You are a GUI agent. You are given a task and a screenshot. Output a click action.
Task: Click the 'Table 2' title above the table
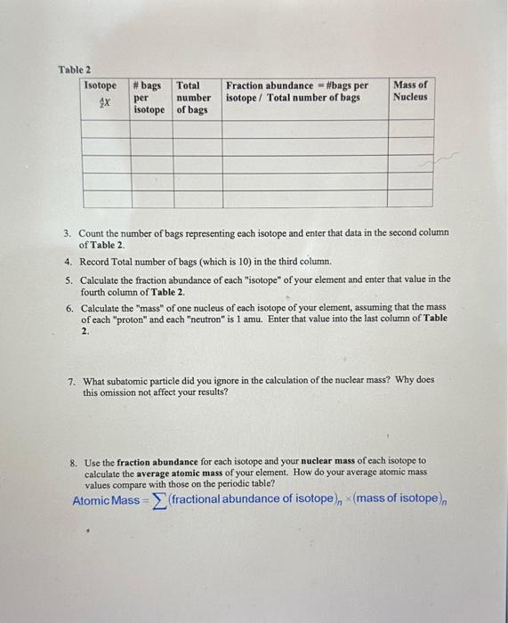(75, 69)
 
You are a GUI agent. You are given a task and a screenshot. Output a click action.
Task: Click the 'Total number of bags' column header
(193, 97)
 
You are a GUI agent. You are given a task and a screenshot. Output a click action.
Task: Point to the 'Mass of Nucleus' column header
(409, 91)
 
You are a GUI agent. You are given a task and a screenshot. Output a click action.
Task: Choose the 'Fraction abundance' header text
(270, 85)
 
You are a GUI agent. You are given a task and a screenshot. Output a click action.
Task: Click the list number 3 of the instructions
(68, 233)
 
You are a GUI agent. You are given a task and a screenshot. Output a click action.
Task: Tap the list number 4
(68, 263)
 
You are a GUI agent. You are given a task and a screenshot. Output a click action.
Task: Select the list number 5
(68, 279)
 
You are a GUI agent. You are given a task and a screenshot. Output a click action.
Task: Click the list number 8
(71, 462)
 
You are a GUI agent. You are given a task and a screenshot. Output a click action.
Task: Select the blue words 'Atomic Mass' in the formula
(105, 500)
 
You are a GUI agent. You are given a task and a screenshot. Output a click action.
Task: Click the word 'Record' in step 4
(95, 263)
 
